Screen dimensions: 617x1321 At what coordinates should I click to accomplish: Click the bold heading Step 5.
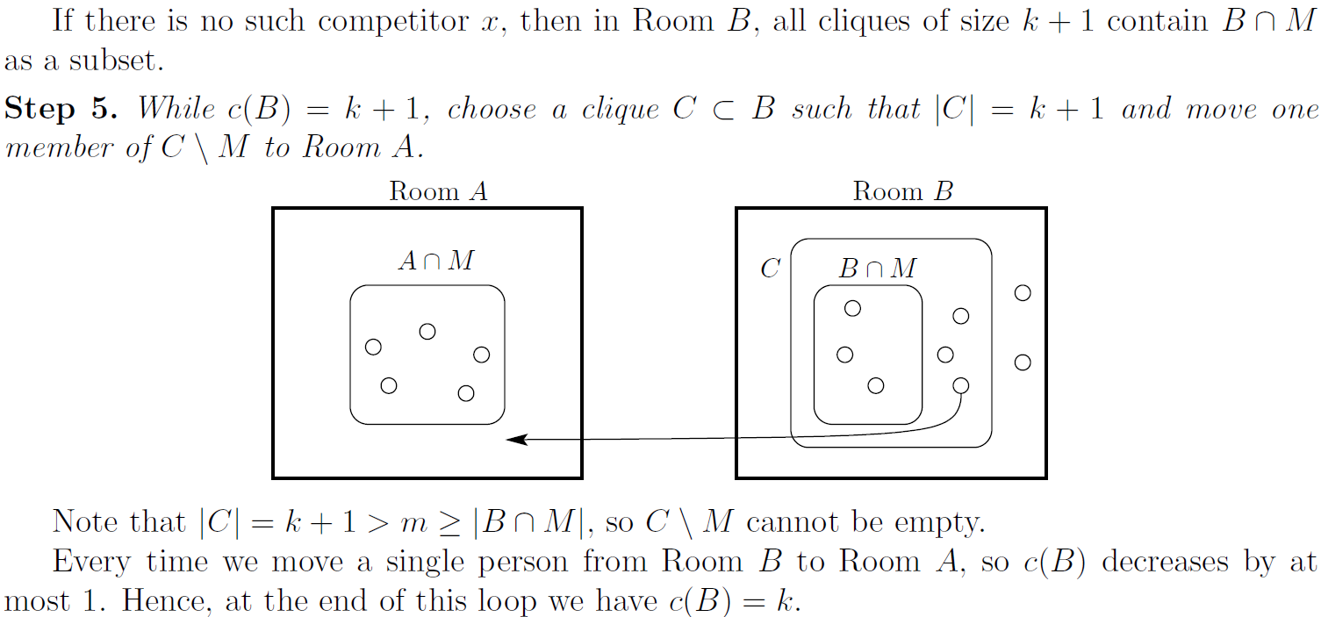point(61,110)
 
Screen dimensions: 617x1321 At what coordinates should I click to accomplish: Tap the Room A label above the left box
point(438,191)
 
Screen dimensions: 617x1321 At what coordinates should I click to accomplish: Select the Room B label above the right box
point(902,191)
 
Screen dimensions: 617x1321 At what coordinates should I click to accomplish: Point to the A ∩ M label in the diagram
point(436,261)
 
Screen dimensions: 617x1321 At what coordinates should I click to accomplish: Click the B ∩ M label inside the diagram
point(877,269)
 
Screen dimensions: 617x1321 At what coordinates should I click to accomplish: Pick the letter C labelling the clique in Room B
point(770,269)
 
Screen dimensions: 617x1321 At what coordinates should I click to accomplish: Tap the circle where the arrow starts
point(961,385)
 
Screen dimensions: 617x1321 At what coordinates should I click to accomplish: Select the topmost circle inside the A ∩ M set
point(427,331)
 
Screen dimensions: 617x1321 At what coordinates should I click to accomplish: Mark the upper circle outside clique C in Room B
point(1023,293)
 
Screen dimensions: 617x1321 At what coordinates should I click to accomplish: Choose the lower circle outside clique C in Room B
point(1023,362)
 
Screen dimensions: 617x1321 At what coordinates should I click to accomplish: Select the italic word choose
point(492,110)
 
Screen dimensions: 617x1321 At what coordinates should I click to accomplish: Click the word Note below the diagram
point(85,522)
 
